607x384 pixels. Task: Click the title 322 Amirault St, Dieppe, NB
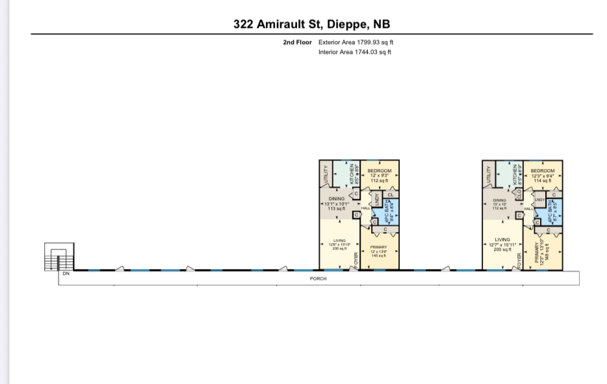[x=312, y=24]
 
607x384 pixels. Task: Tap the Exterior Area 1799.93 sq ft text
[x=356, y=42]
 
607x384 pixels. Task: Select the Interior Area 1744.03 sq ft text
[x=355, y=52]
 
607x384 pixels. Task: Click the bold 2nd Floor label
[x=298, y=42]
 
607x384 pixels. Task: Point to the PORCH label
[x=318, y=278]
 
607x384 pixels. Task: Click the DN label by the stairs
[x=66, y=274]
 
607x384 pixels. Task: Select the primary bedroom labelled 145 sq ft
[x=379, y=250]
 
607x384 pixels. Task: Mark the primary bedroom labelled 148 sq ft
[x=543, y=250]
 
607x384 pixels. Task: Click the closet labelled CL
[x=391, y=194]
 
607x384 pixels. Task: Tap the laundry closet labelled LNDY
[x=539, y=200]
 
